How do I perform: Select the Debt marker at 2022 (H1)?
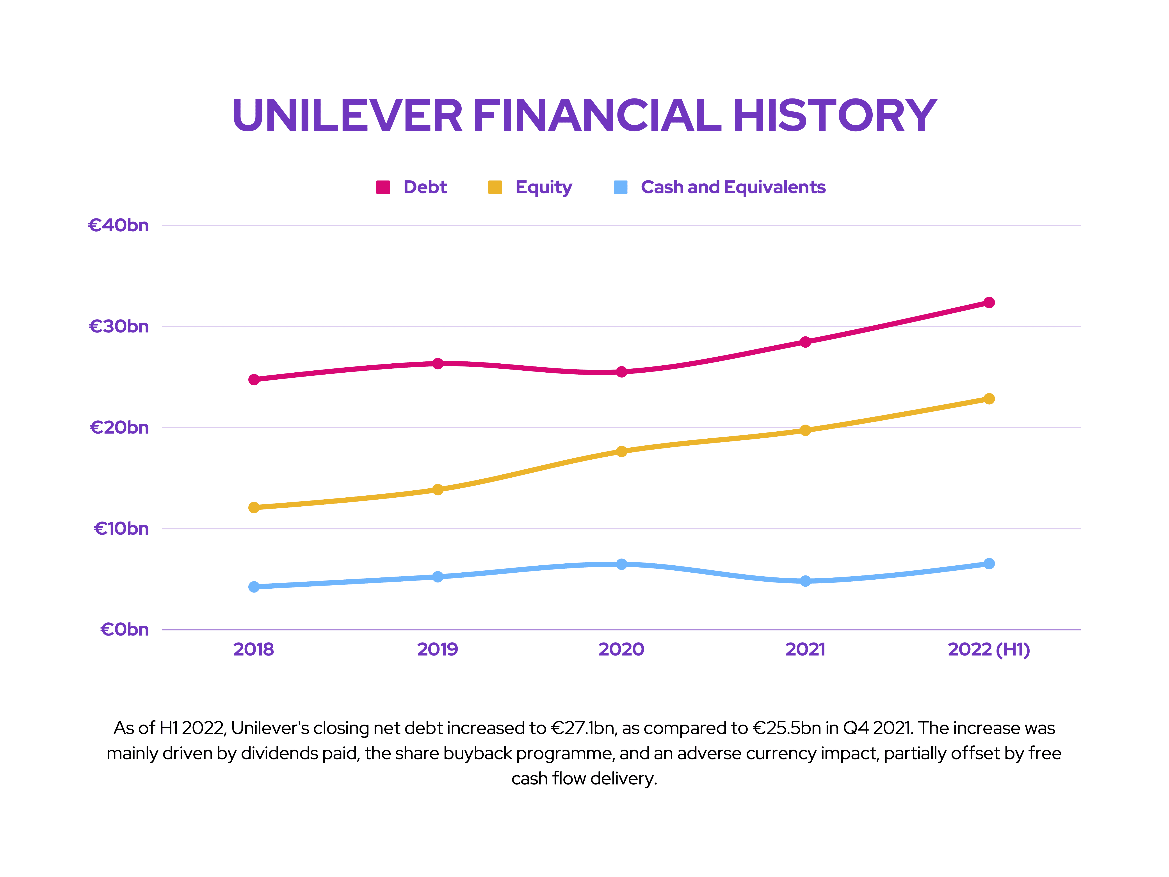click(989, 302)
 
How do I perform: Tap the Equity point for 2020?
click(621, 451)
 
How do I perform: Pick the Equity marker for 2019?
click(438, 489)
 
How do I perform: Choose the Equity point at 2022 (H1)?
click(989, 399)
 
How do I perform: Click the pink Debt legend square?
click(383, 187)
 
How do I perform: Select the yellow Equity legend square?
click(495, 187)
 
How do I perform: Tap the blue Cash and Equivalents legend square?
click(620, 187)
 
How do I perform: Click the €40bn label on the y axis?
click(118, 226)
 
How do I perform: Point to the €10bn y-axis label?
click(122, 529)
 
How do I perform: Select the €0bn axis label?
click(125, 630)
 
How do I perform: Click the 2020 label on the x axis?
click(621, 649)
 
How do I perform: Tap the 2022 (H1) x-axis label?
click(989, 649)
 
